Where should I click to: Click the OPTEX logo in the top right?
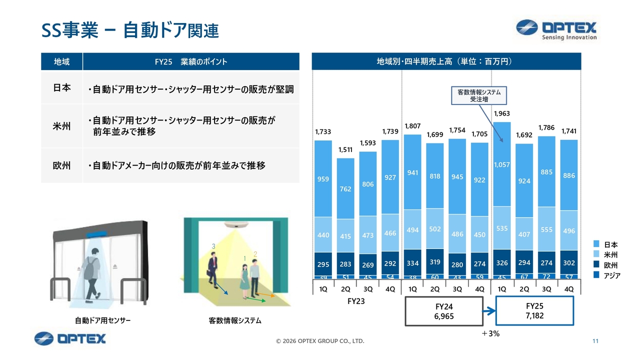point(556,30)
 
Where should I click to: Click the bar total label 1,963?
point(502,114)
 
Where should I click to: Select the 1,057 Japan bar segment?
point(502,164)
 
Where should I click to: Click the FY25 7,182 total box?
point(534,311)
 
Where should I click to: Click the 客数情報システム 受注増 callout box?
point(478,95)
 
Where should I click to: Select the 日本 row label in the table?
point(61,87)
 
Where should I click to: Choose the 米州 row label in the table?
point(61,126)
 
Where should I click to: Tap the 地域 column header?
point(61,61)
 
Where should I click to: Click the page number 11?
point(595,341)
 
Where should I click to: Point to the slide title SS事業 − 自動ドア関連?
point(130,30)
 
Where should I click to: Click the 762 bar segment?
point(346,189)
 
